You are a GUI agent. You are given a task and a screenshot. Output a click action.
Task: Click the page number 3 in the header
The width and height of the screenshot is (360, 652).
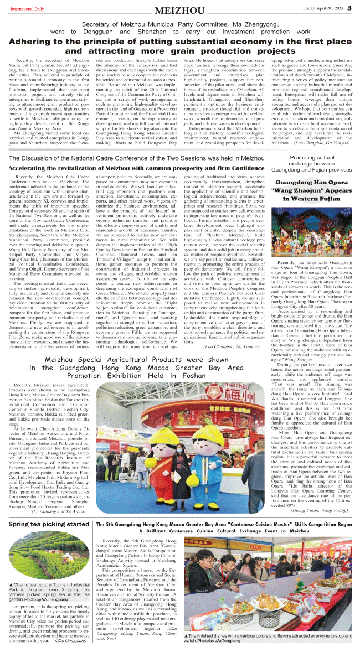349,8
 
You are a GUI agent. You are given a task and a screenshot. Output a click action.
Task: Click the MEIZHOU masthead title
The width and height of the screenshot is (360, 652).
180,11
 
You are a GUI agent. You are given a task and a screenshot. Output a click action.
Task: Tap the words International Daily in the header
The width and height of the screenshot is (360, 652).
22,8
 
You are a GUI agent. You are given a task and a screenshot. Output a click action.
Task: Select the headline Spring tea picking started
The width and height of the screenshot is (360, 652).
48,524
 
